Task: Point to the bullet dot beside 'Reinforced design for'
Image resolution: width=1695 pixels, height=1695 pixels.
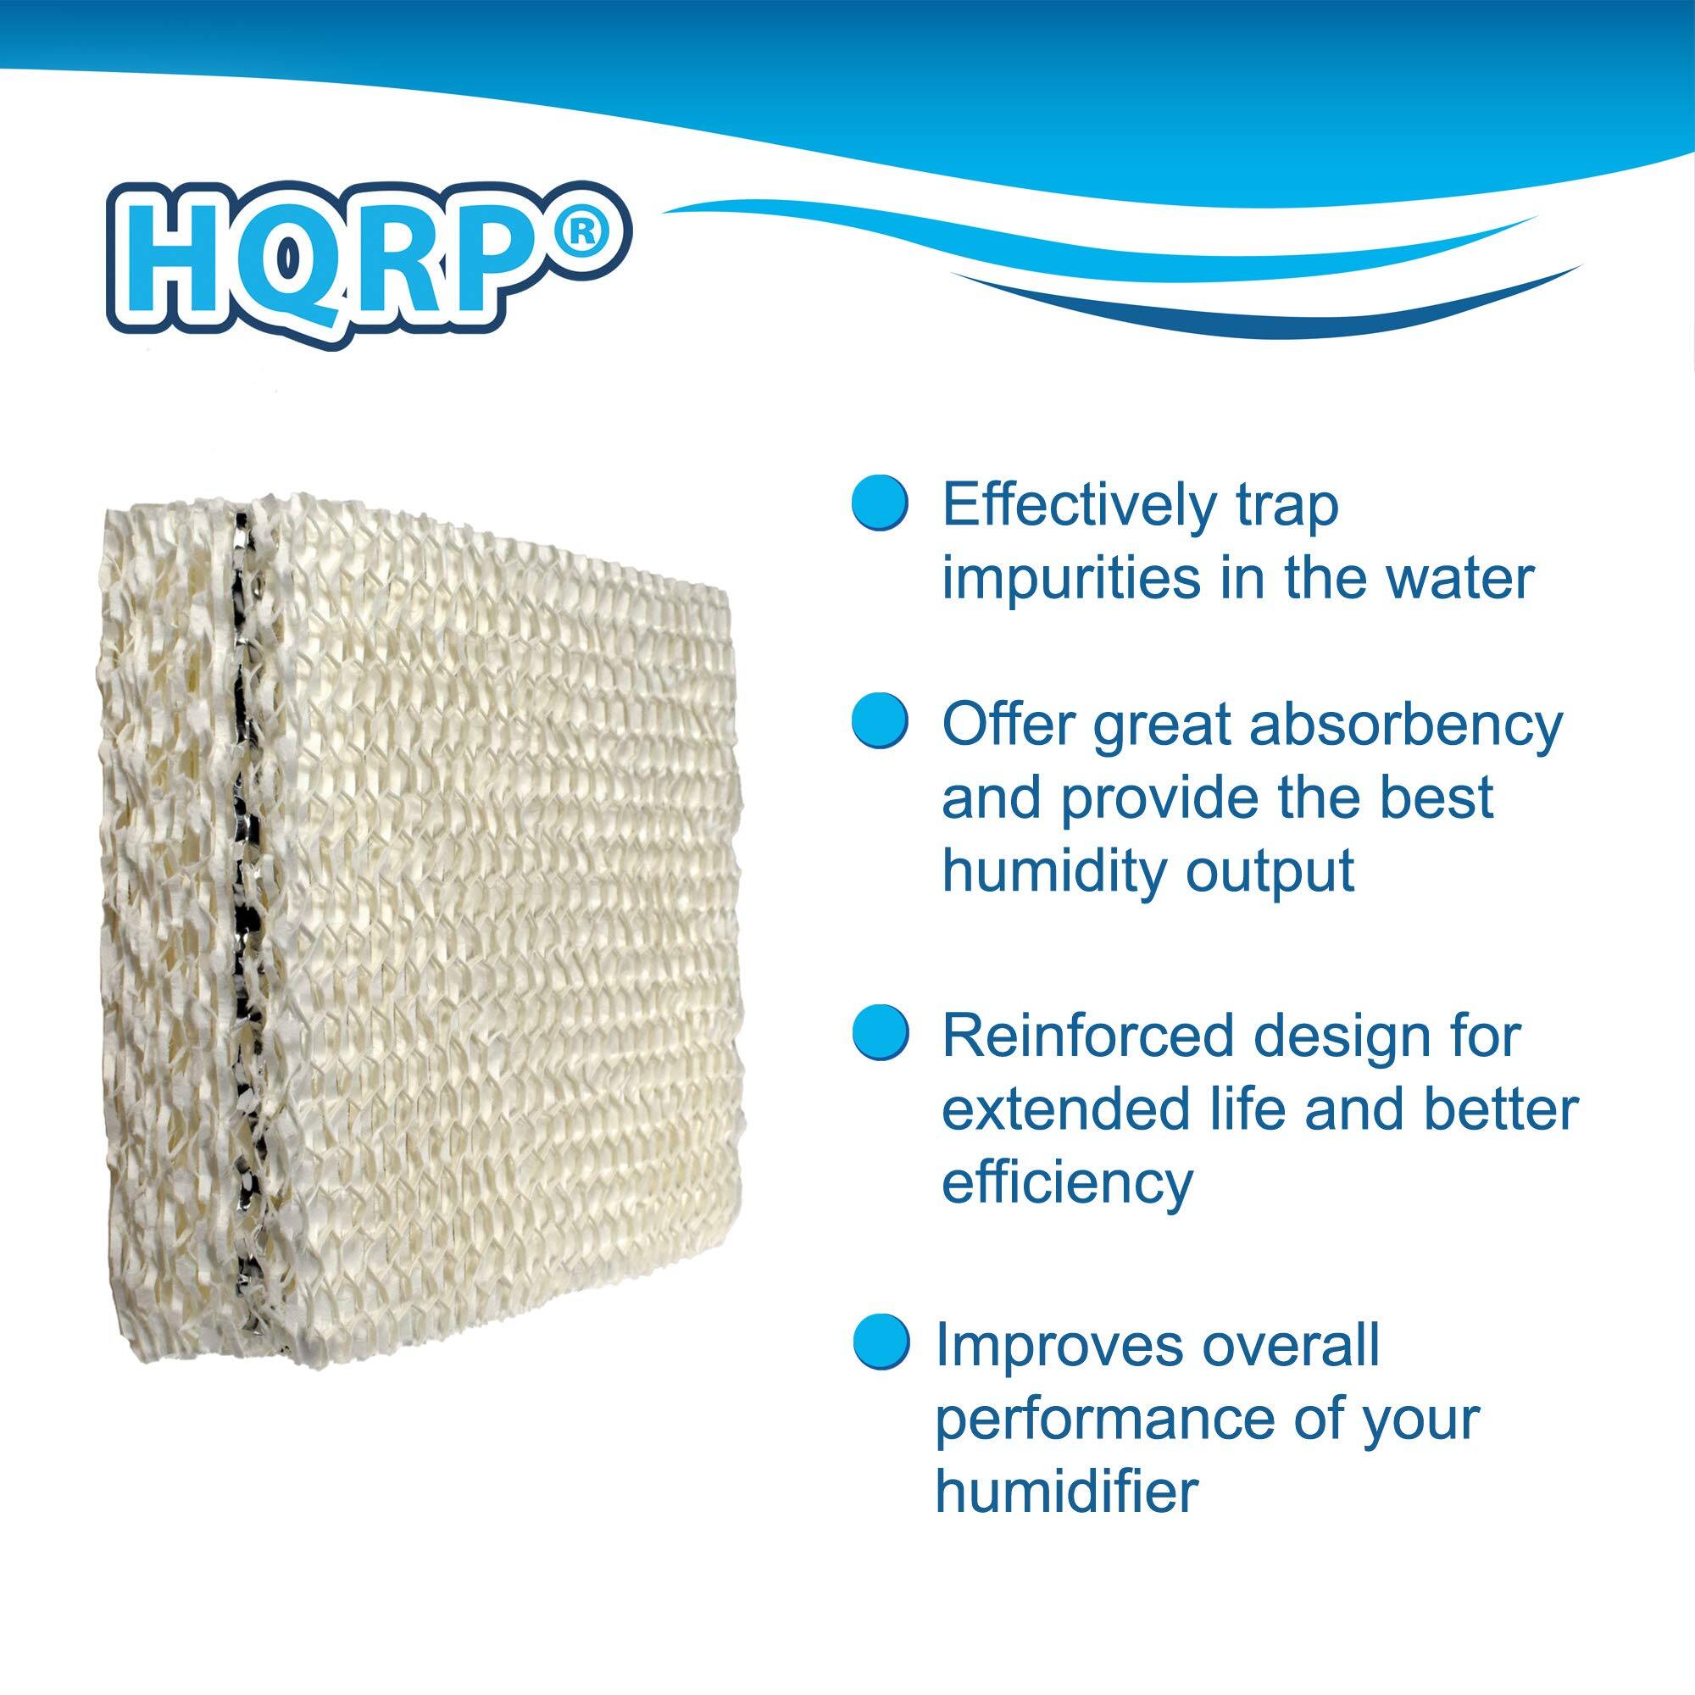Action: [x=880, y=1036]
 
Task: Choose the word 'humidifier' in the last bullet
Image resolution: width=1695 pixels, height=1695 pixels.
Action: [x=1067, y=1491]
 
